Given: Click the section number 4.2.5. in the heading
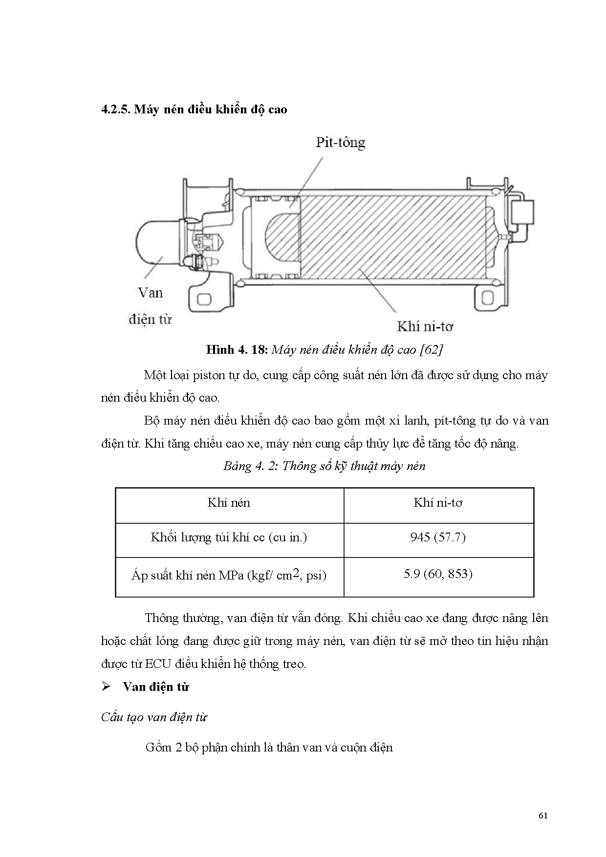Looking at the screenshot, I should (x=115, y=109).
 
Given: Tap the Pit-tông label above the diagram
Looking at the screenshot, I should (x=340, y=143).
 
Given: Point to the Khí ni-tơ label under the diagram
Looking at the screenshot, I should (x=425, y=326).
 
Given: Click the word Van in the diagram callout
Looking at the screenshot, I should (x=150, y=293).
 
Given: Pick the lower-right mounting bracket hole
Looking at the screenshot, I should (x=487, y=297).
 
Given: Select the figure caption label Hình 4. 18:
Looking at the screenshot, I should (x=237, y=350).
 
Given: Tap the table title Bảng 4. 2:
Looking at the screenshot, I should (x=250, y=466).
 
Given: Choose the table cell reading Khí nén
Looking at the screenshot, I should (x=229, y=503).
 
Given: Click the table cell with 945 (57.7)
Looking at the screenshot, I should (x=438, y=537).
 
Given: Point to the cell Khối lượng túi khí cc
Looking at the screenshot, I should (x=229, y=537).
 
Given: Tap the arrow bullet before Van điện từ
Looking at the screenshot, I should (x=106, y=686).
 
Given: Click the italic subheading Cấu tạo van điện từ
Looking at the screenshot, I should (x=154, y=717).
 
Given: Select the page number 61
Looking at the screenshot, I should (x=542, y=815).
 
